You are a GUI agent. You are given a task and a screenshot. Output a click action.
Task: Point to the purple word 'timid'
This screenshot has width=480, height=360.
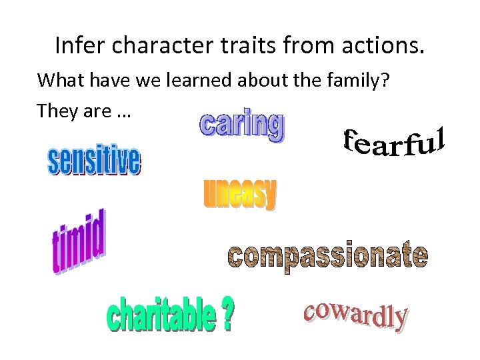[79, 241]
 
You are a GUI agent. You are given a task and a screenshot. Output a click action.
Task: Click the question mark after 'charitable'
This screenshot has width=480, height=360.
[227, 315]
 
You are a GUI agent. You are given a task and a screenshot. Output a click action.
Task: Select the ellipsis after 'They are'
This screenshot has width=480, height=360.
[123, 112]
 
